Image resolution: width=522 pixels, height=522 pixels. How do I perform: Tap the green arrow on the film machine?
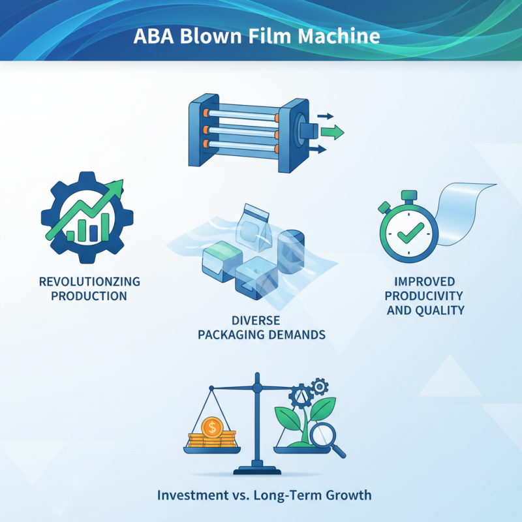pyautogui.click(x=331, y=132)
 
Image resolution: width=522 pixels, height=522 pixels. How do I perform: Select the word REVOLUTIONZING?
pyautogui.click(x=90, y=282)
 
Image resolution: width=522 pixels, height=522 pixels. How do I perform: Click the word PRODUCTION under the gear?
pyautogui.click(x=90, y=296)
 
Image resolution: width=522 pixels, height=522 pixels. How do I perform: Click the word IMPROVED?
pyautogui.click(x=425, y=282)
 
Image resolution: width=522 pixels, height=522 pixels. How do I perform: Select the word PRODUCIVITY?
pyautogui.click(x=425, y=296)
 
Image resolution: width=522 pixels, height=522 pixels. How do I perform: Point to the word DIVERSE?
pyautogui.click(x=260, y=321)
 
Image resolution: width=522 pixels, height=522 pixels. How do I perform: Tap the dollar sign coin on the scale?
pyautogui.click(x=212, y=427)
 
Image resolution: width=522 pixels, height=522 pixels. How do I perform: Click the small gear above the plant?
pyautogui.click(x=319, y=386)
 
